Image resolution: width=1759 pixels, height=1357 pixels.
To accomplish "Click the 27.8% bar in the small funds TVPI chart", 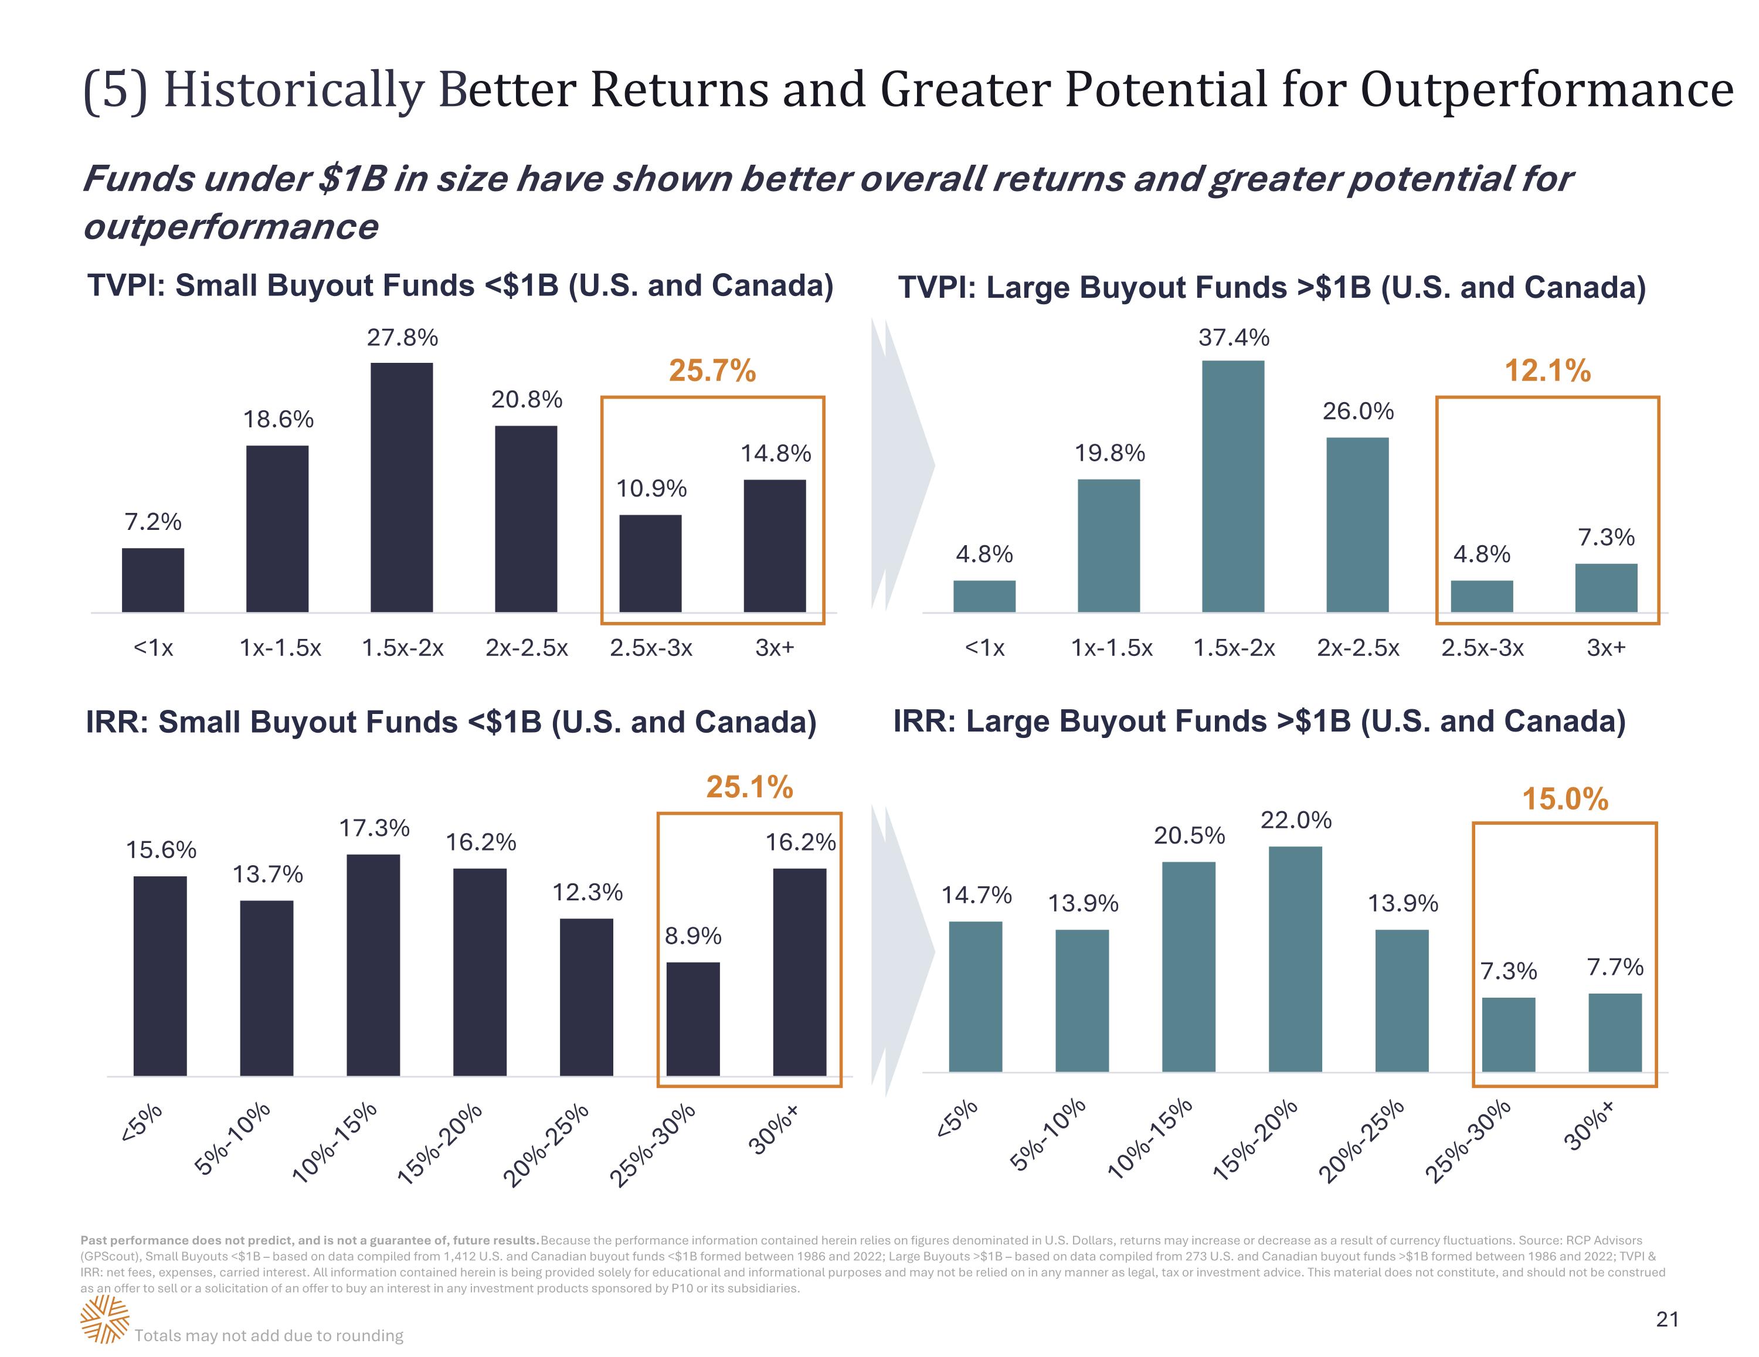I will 401,487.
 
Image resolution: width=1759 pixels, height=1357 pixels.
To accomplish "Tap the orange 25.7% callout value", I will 712,370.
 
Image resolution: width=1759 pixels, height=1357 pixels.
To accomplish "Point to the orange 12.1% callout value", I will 1547,370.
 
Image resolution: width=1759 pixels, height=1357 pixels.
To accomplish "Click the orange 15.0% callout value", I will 1564,799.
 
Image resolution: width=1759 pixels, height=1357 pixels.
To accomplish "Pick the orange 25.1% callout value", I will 749,787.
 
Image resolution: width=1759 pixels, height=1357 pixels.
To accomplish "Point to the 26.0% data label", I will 1357,411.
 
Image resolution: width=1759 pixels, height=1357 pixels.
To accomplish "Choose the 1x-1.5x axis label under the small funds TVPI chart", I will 280,648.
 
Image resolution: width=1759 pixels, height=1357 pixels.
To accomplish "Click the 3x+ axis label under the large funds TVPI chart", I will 1606,648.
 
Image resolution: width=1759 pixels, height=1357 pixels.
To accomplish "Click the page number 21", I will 1666,1318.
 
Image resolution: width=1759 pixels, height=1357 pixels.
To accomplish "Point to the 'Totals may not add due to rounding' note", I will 269,1335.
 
